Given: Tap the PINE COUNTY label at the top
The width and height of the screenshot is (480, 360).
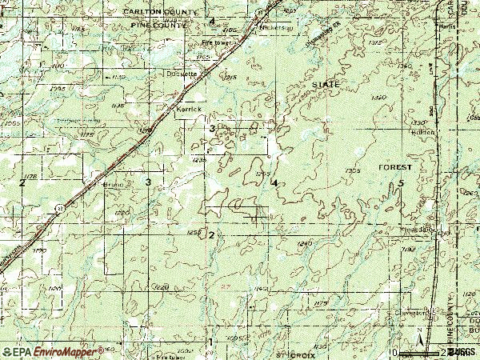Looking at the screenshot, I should click(x=157, y=26).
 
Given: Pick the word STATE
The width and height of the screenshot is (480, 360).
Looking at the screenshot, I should click(x=326, y=84).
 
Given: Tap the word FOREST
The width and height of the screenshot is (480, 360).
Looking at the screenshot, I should click(x=397, y=167).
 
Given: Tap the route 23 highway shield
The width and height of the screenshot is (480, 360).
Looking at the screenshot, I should click(x=61, y=206).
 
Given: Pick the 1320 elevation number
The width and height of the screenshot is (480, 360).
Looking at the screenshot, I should click(x=379, y=97).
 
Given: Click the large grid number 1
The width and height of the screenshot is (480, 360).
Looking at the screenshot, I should click(x=211, y=342).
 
